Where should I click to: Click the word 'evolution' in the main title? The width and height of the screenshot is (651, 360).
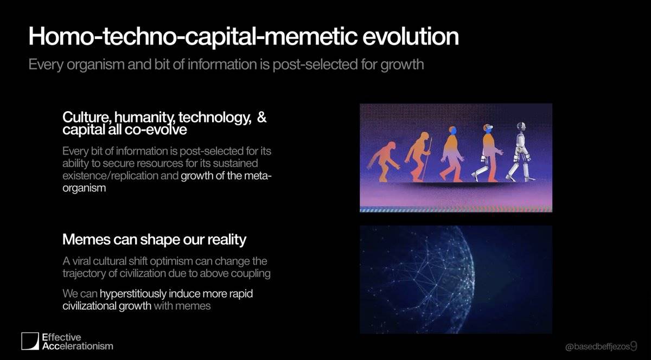pos(410,37)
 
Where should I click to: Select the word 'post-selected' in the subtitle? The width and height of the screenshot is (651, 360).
pos(315,65)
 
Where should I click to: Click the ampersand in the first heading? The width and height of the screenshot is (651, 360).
pos(261,117)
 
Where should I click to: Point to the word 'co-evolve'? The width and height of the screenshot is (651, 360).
pos(156,130)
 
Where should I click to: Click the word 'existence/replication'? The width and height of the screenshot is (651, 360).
pos(110,176)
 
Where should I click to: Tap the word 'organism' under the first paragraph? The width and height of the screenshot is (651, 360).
pos(84,188)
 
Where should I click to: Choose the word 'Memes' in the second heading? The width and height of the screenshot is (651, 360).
pos(86,240)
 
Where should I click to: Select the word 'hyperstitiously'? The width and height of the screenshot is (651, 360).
pos(133,294)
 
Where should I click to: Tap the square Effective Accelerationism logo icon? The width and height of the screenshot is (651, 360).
pos(30,341)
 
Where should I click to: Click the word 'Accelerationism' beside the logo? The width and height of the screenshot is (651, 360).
pos(78,346)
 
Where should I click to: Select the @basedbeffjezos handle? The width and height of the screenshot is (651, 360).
pos(597,346)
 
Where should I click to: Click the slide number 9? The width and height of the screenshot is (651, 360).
pos(634,346)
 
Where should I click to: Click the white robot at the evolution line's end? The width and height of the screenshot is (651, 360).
pos(520,152)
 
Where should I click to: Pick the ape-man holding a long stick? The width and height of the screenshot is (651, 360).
pos(418,157)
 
